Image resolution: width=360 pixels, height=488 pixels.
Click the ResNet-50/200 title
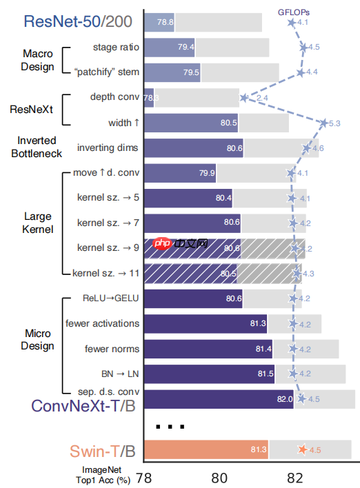tap(78, 21)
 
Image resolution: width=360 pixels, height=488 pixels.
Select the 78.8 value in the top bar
tap(165, 22)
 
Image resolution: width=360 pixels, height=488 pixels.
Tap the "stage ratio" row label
tap(115, 47)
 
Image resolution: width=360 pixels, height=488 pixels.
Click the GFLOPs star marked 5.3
tap(323, 123)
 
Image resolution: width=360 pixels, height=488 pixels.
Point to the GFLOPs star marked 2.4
tap(244, 98)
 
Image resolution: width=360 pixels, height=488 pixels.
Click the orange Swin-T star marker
tap(301, 450)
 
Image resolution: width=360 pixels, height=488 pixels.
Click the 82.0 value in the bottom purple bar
tap(286, 399)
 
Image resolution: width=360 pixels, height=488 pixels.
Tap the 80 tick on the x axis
tap(219, 477)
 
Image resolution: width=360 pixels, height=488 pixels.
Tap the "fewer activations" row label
tap(102, 323)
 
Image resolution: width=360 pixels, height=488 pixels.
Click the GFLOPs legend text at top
tap(292, 11)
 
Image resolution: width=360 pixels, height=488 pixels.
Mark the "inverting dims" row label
tap(108, 148)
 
